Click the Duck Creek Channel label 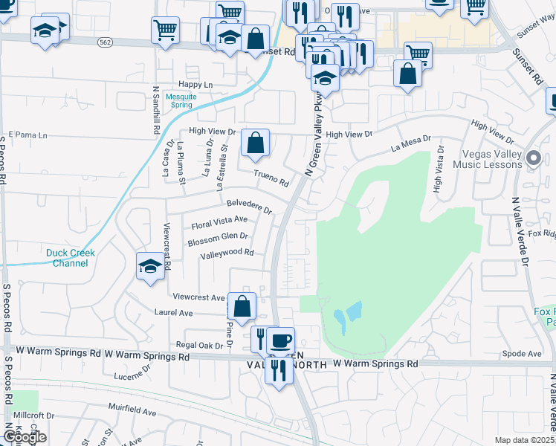71,258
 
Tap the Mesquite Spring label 181,100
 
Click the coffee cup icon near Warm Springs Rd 280,341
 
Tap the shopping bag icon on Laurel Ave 242,306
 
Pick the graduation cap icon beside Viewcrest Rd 149,267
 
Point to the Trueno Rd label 271,178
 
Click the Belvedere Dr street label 250,206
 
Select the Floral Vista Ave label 219,221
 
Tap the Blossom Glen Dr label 218,238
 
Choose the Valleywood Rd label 227,253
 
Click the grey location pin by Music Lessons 532,158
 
